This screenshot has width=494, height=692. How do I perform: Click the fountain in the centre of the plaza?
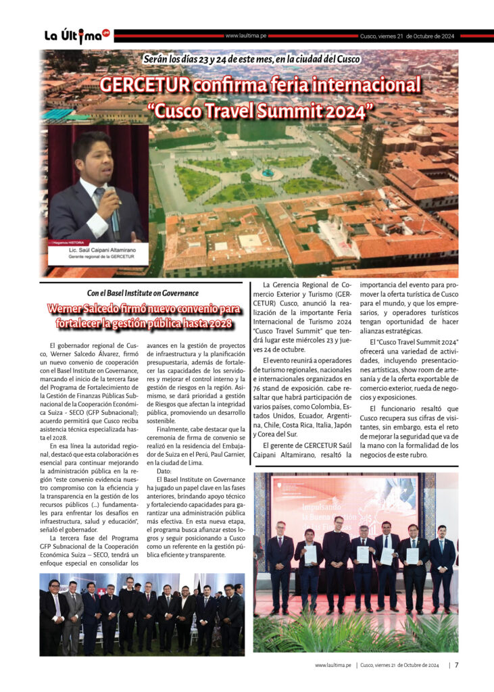point(267,173)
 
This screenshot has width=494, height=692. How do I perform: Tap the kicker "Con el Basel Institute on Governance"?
point(143,293)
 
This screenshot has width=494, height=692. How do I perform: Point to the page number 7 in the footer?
point(457,665)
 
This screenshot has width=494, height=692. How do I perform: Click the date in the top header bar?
point(407,36)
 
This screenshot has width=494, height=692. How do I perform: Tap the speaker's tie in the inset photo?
point(99,197)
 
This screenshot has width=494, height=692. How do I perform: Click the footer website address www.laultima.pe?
point(332,665)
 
